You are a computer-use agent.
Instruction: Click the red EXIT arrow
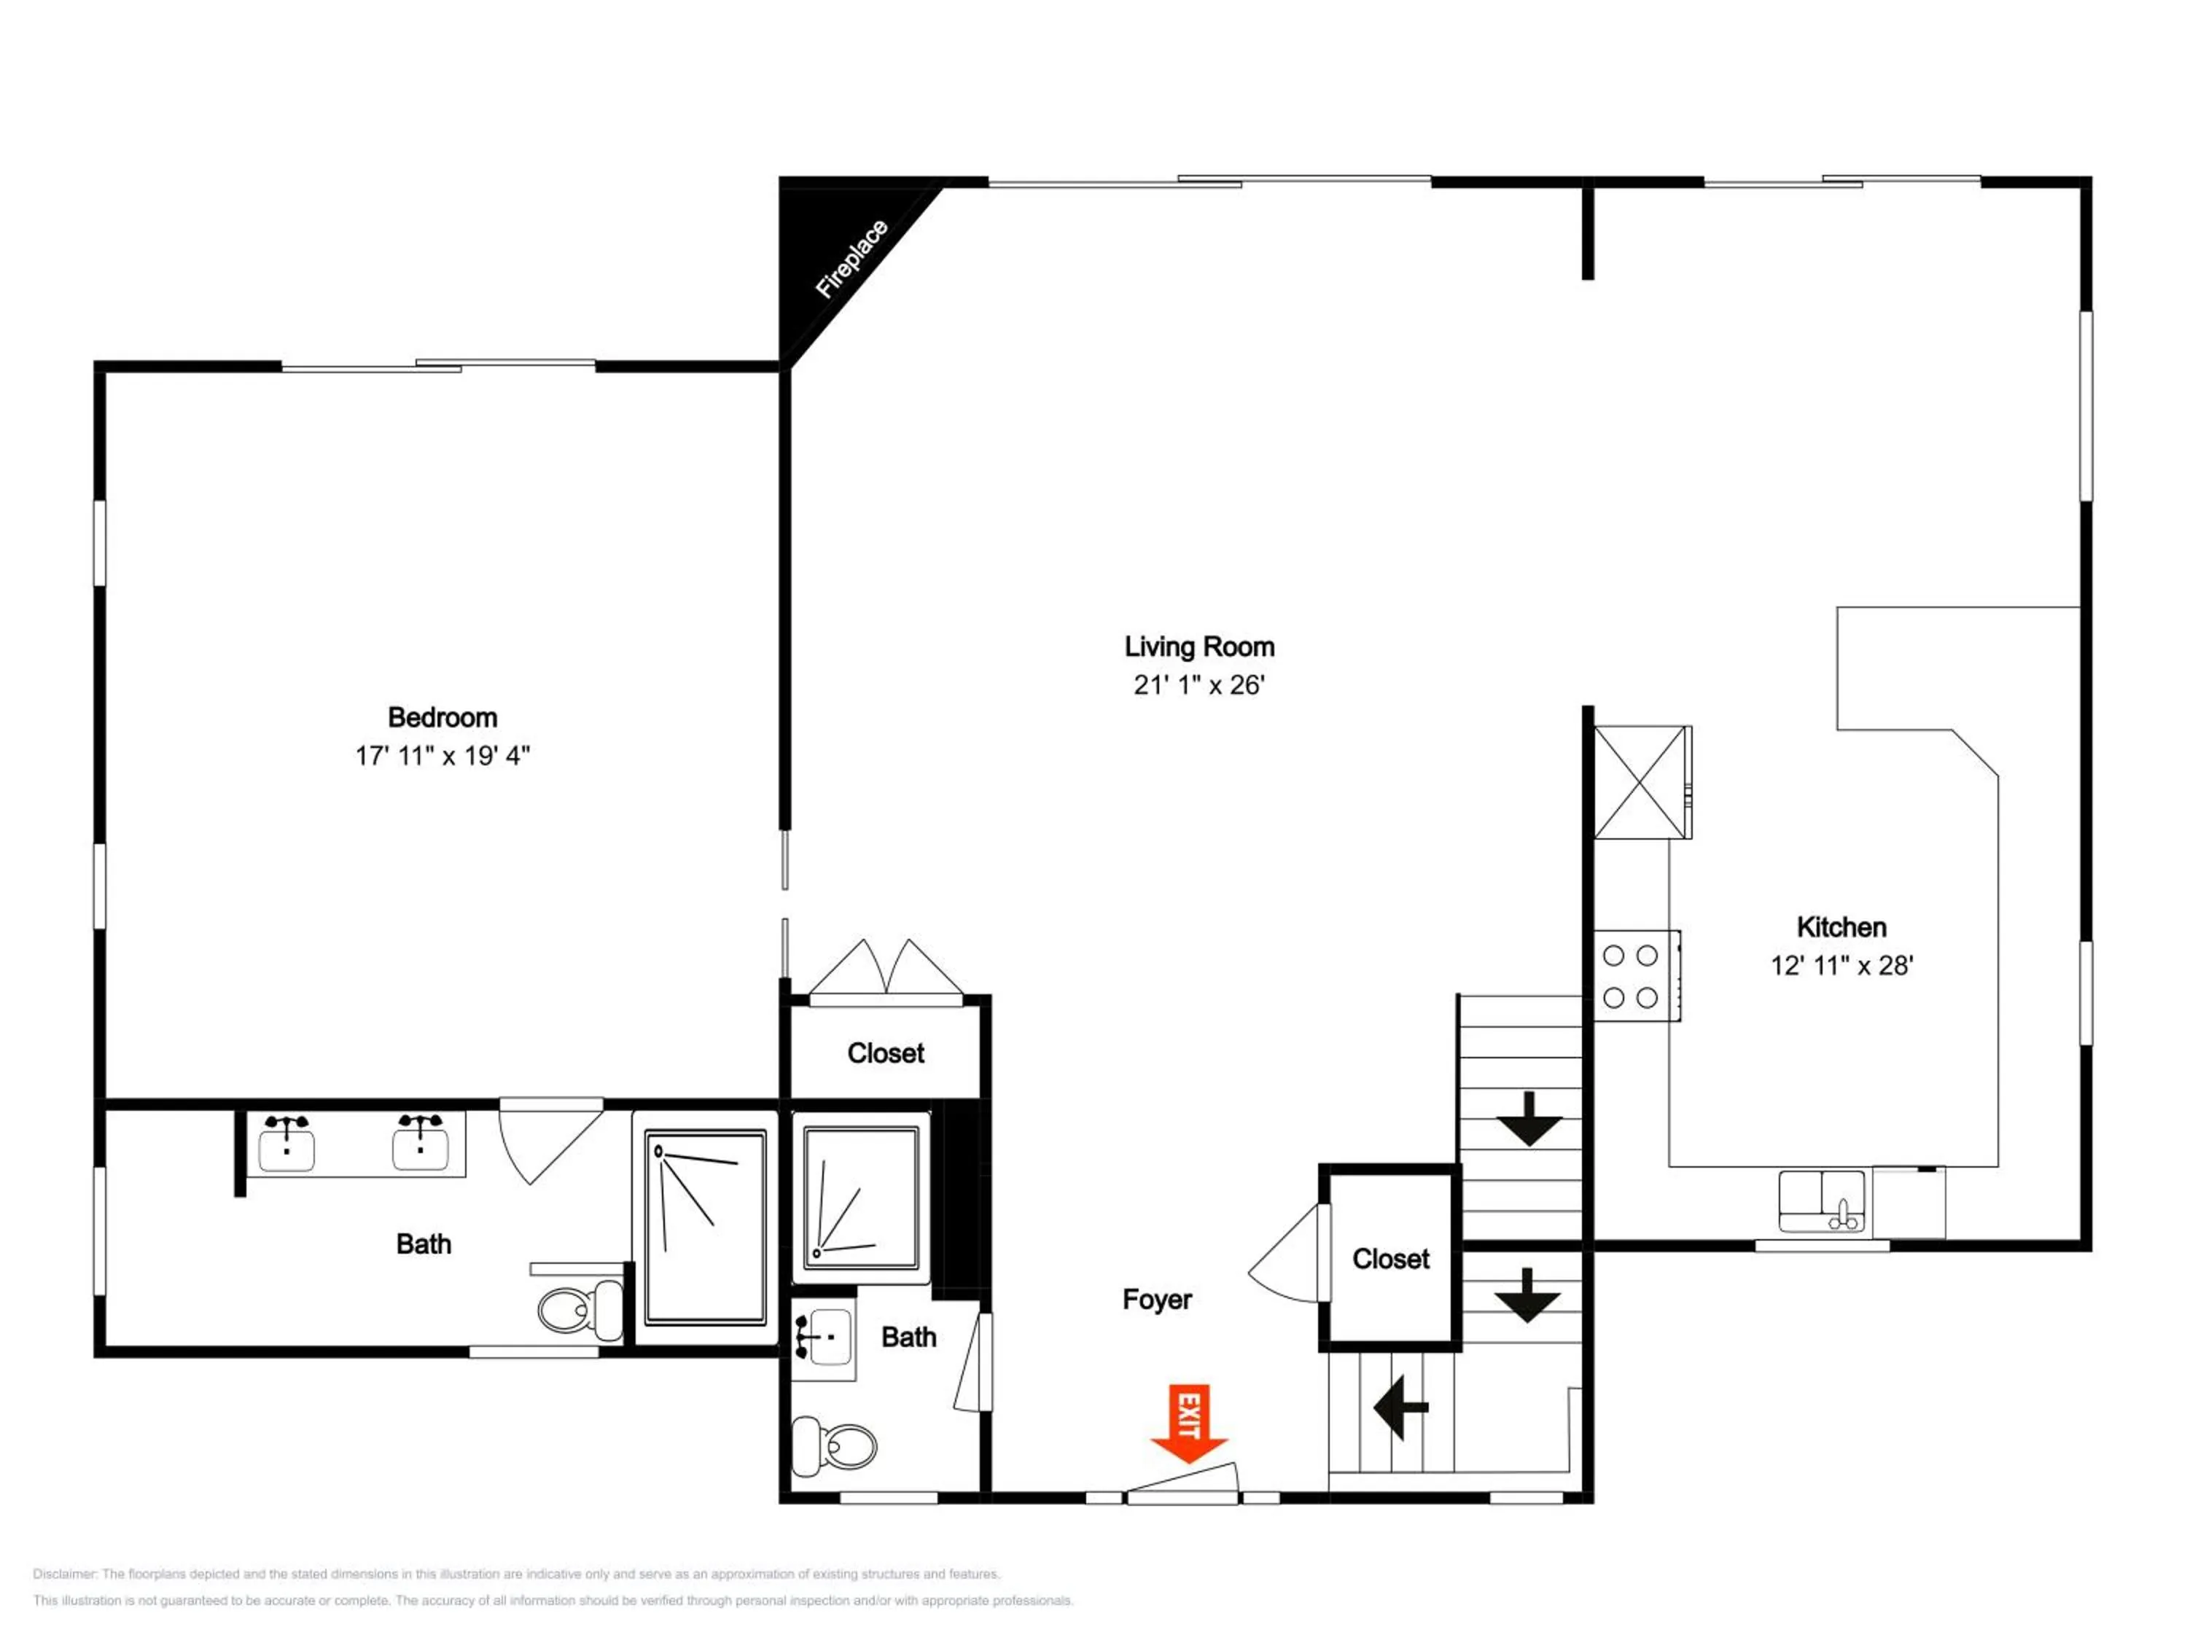pos(1188,1423)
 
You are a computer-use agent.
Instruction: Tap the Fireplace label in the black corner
pos(851,258)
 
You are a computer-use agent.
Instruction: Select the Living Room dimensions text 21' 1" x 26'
pos(1199,685)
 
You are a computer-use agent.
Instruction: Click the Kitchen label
pos(1841,926)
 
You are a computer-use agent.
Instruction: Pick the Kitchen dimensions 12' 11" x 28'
pos(1841,965)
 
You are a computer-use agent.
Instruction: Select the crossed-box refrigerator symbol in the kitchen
pos(1641,782)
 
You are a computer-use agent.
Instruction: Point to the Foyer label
pos(1157,1299)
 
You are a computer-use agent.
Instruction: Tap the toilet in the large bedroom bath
pos(580,1307)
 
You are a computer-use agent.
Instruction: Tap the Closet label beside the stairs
pos(1390,1258)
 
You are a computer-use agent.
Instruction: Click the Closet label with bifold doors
pos(885,1053)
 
